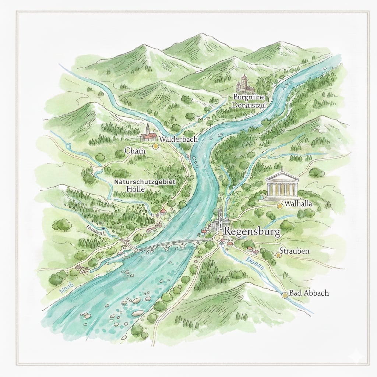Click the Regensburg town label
(x=252, y=232)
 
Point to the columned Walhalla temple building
(x=282, y=184)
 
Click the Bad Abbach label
(x=309, y=293)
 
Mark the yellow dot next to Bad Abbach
(x=284, y=295)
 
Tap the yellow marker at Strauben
(x=278, y=255)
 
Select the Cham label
(x=135, y=151)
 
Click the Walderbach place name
(x=179, y=140)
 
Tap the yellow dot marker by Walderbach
(x=156, y=146)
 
